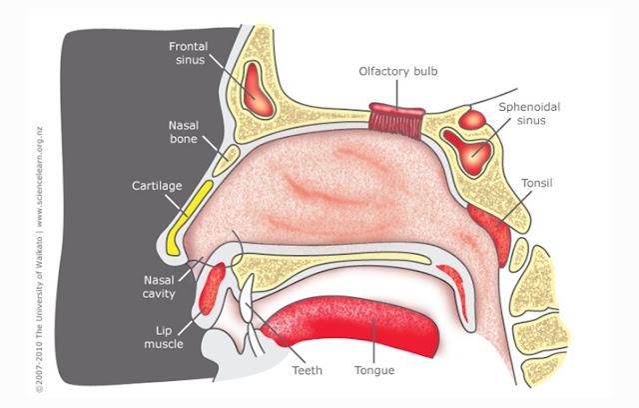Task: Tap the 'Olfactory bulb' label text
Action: point(399,71)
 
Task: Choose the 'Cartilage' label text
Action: point(156,186)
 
